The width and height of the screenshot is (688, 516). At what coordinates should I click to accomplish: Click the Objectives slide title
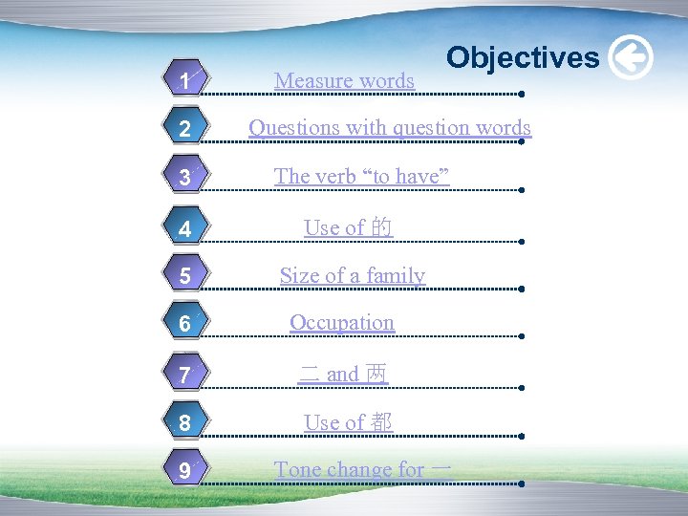[x=523, y=57]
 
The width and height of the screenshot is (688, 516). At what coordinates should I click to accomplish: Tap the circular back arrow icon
[x=631, y=57]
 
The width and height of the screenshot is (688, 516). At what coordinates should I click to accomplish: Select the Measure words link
[x=344, y=81]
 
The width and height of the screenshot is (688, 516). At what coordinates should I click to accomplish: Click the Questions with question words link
[x=390, y=127]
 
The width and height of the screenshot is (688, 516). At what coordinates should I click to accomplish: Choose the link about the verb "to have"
[x=361, y=176]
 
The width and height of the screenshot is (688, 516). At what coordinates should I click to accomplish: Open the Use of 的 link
[x=348, y=227]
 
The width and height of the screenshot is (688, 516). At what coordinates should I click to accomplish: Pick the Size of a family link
[x=352, y=276]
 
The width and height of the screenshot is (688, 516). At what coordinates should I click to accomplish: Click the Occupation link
[x=342, y=323]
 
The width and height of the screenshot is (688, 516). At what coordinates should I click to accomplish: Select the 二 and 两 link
[x=343, y=374]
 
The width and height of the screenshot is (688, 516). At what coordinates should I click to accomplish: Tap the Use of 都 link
[x=348, y=422]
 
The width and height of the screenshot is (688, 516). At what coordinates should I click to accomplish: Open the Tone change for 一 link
[x=363, y=469]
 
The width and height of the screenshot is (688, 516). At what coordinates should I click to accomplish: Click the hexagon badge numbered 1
[x=183, y=81]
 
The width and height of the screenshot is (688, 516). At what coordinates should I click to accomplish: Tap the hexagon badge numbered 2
[x=183, y=129]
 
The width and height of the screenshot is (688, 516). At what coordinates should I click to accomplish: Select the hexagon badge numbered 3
[x=183, y=178]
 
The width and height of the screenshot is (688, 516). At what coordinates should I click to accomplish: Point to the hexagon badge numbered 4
[x=183, y=229]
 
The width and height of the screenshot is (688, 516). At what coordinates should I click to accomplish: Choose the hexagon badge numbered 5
[x=183, y=277]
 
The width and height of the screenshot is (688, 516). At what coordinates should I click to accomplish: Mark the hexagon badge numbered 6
[x=183, y=325]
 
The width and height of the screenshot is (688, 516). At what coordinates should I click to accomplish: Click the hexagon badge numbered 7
[x=183, y=375]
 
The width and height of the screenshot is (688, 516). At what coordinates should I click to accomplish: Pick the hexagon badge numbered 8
[x=183, y=423]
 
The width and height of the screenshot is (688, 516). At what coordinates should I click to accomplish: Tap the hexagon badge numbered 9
[x=183, y=470]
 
